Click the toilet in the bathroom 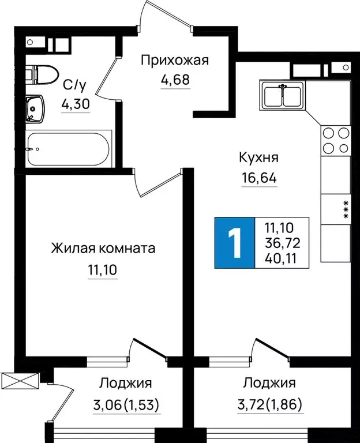point(43,74)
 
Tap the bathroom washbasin point(36,108)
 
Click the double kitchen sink point(283,95)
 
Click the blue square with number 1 point(234,243)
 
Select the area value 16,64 point(259,178)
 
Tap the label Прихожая point(174,59)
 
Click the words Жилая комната point(103,249)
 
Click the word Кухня point(259,157)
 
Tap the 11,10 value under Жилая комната point(103,269)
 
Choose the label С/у point(74,85)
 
